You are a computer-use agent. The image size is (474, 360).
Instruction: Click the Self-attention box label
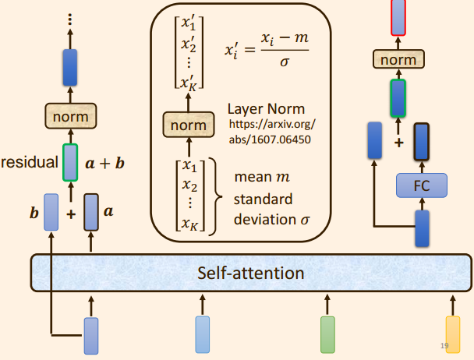250,274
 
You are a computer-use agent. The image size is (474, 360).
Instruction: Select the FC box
421,186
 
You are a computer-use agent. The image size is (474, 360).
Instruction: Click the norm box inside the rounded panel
188,125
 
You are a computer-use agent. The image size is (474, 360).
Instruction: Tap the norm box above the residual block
70,117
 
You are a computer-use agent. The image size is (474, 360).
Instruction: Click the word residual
30,163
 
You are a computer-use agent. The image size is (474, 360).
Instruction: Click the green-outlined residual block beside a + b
70,162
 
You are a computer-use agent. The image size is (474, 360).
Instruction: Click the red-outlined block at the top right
398,17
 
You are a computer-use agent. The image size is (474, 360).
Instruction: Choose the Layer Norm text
266,109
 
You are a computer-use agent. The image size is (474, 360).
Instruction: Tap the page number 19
444,346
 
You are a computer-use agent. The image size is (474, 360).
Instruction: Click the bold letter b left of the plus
34,211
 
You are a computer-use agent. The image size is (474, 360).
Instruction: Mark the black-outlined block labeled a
90,211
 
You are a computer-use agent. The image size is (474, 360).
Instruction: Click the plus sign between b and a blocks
71,213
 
